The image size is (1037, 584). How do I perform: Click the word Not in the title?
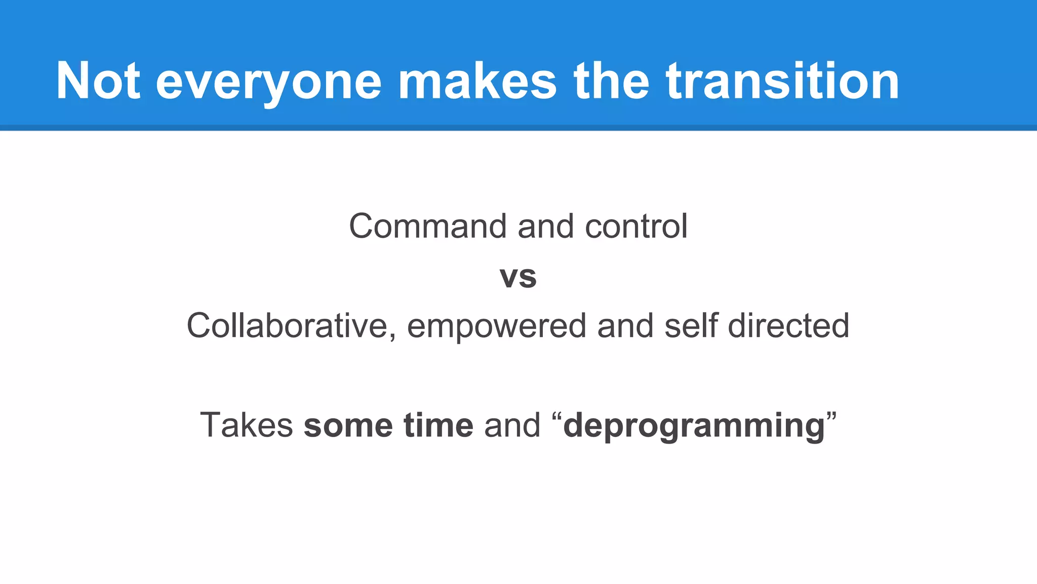tap(98, 81)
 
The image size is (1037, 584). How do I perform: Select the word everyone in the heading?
tap(268, 81)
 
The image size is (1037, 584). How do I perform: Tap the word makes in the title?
tap(477, 81)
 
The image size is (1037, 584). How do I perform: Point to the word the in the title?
tap(611, 81)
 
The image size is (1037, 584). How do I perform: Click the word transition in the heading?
tap(782, 81)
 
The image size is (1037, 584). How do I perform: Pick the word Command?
tap(427, 226)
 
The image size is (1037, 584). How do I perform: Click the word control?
tap(636, 226)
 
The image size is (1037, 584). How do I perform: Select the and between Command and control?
tap(545, 226)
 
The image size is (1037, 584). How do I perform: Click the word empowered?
tap(496, 325)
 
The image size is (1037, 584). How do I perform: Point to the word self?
tap(691, 325)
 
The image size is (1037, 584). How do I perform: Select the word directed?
tap(788, 325)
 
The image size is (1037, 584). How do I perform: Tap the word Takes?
tap(247, 425)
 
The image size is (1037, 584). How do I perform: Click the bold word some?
tap(348, 425)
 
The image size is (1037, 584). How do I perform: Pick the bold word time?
tap(438, 425)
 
